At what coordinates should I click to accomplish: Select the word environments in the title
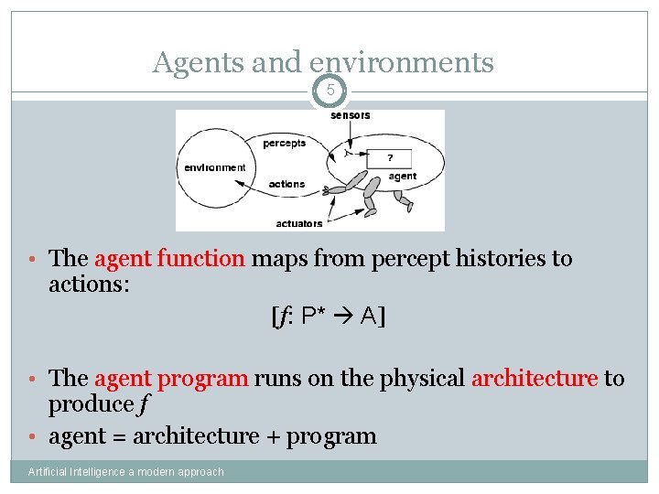coord(402,62)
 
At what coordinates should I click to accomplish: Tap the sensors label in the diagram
coord(351,116)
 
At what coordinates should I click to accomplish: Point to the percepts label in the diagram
coord(284,144)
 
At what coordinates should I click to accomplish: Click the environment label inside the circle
coord(215,167)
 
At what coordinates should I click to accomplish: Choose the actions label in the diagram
coord(286,184)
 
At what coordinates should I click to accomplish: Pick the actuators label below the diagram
coord(298,223)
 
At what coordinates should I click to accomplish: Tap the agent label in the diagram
coord(402,176)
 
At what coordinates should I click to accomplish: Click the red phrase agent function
coord(169,259)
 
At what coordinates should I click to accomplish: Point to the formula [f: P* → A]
coord(328,317)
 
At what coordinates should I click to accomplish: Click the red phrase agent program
coord(170,378)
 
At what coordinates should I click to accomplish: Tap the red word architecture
coord(534,378)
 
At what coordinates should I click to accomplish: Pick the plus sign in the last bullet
coord(272,436)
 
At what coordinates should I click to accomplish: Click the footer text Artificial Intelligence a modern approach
coord(125,472)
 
